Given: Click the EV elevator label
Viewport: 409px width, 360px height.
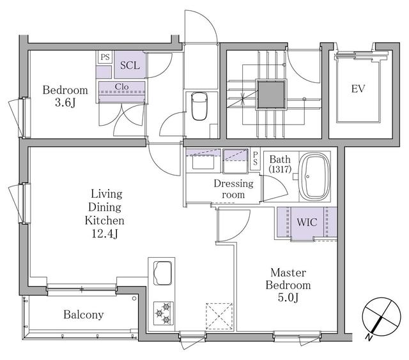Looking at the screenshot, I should pos(358,89).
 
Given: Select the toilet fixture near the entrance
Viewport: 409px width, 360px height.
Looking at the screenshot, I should pos(198,106).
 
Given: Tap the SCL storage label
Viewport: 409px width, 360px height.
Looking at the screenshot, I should pos(130,65).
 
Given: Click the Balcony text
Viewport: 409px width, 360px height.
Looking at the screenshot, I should pos(83,315).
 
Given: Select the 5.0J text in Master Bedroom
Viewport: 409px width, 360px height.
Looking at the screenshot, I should pos(289,298).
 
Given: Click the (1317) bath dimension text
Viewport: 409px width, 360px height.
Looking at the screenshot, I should pos(279,170).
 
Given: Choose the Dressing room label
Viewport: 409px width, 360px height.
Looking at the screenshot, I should pos(233,189).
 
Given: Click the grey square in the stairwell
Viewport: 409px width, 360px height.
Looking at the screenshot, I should pos(270,94).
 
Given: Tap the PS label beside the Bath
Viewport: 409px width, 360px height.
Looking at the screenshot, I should pos(256,158).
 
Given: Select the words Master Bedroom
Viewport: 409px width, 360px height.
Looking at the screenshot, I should pos(289,278).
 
